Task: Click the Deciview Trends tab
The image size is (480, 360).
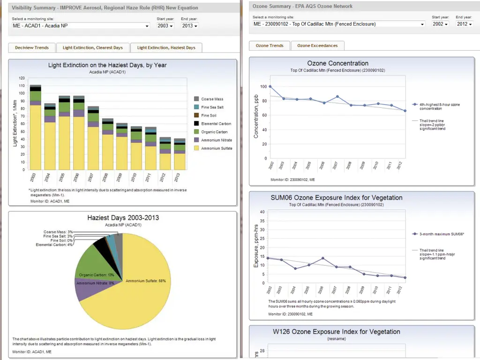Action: click(x=32, y=47)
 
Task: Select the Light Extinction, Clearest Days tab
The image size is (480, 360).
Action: click(x=93, y=47)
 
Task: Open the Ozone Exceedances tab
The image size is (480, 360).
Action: click(x=317, y=45)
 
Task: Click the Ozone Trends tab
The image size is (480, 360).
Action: click(x=270, y=45)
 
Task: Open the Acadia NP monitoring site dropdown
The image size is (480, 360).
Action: click(x=81, y=25)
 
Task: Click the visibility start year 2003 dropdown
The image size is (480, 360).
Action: click(x=165, y=25)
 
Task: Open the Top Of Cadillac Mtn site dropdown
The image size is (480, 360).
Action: click(x=338, y=24)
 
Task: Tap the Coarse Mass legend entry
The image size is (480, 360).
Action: click(x=211, y=99)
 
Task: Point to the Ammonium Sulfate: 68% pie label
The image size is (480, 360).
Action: click(x=145, y=281)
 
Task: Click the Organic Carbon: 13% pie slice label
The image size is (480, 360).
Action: click(x=97, y=275)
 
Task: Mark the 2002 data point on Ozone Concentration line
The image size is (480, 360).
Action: click(x=270, y=87)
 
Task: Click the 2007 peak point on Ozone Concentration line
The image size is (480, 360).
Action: click(x=337, y=97)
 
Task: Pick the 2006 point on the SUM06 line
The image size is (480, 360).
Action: click(x=323, y=258)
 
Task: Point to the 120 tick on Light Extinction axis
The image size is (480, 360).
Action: click(x=22, y=78)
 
